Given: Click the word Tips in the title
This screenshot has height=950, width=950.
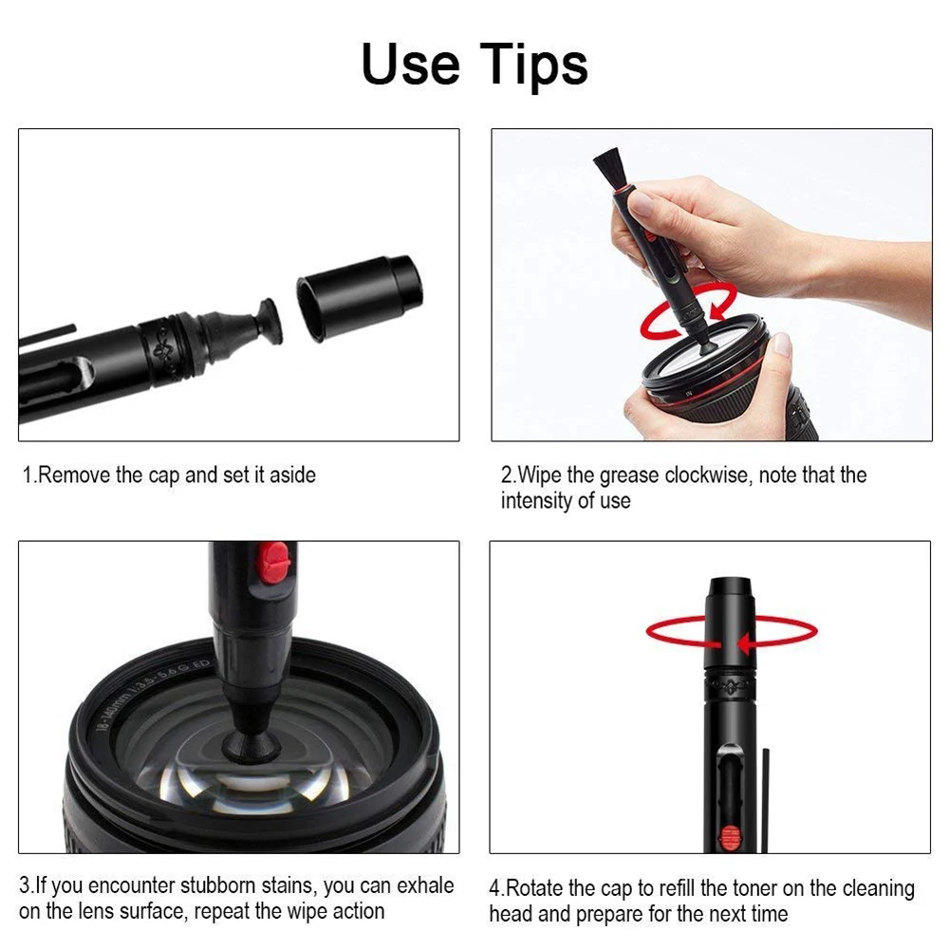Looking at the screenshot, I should tap(532, 65).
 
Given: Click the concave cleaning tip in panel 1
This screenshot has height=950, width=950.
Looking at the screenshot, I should tap(266, 322).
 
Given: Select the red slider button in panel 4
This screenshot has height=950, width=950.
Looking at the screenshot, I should tap(729, 837).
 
